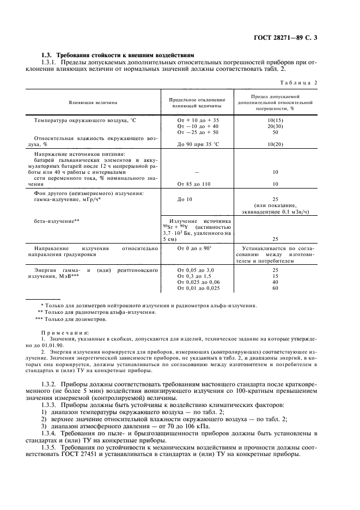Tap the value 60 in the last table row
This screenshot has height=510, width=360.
point(275,288)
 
